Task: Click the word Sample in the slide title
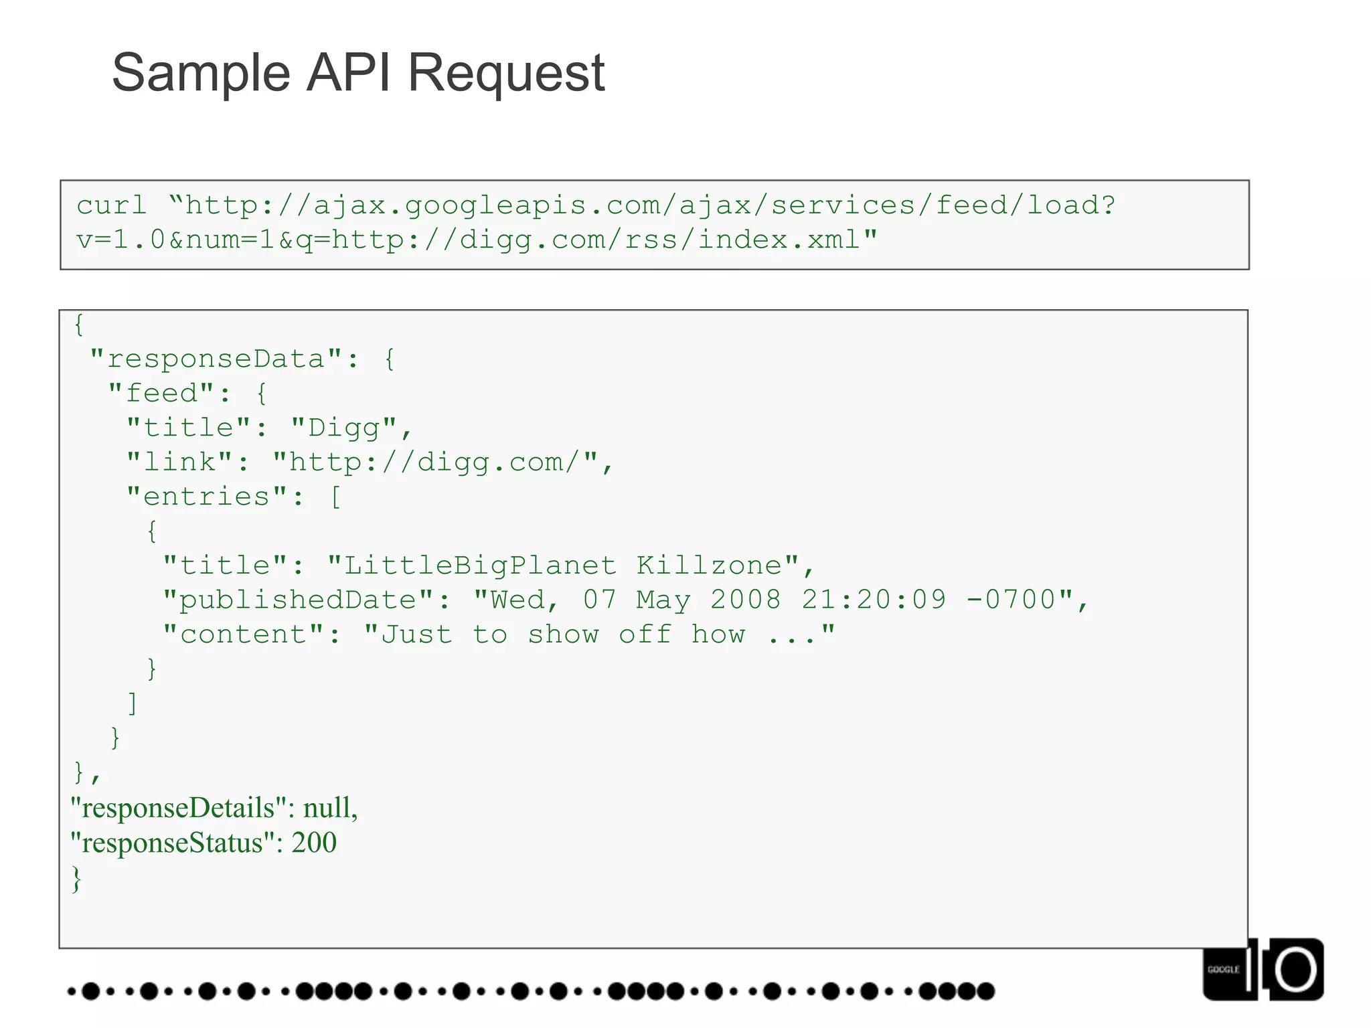click(x=201, y=74)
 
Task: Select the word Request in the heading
click(x=506, y=74)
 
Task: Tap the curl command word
click(x=111, y=205)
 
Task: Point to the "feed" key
click(x=170, y=394)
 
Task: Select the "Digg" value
click(x=345, y=428)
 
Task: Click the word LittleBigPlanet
click(x=479, y=566)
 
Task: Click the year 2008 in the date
click(x=745, y=600)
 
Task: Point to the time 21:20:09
click(x=874, y=600)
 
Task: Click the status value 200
click(x=314, y=843)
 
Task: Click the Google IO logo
click(x=1263, y=969)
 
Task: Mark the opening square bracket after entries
click(x=335, y=497)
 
